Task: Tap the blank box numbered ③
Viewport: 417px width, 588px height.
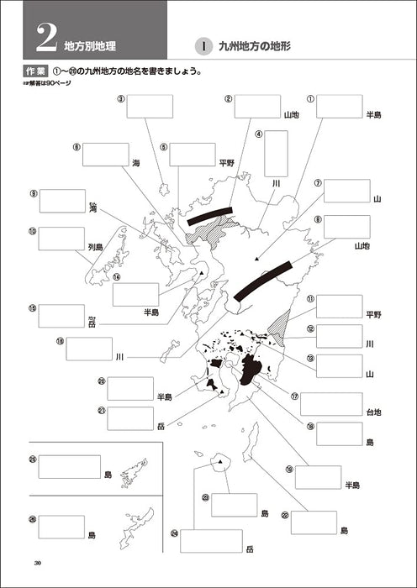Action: pyautogui.click(x=150, y=106)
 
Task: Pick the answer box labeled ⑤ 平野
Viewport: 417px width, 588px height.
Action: pyautogui.click(x=193, y=154)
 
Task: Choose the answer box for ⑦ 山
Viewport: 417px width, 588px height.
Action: pyautogui.click(x=346, y=191)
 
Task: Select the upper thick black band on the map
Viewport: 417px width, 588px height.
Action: pyautogui.click(x=209, y=216)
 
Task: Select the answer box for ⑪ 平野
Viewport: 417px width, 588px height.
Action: pyautogui.click(x=339, y=307)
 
